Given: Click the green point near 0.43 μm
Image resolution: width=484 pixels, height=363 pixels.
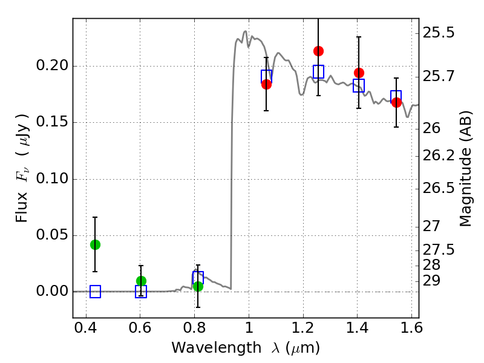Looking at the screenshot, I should point(95,244).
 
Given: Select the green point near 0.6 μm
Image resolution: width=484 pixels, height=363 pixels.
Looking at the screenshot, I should point(141,281).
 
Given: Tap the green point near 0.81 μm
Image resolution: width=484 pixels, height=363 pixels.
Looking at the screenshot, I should point(198,286).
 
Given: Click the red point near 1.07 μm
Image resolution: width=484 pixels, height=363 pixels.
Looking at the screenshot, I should point(266,84).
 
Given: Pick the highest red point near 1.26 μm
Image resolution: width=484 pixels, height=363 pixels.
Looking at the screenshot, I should point(318,51).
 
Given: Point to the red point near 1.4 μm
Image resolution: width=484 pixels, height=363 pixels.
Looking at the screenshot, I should point(359,73).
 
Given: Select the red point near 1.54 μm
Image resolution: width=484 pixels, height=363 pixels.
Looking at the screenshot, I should point(396,102).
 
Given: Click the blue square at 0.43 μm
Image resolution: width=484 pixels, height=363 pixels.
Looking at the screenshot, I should point(95,292).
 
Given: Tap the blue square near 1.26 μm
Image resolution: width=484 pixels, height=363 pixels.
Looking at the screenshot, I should point(318,71).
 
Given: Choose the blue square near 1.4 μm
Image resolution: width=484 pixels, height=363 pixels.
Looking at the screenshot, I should point(359,86).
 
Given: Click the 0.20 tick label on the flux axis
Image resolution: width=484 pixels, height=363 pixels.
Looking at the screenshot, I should point(53,66).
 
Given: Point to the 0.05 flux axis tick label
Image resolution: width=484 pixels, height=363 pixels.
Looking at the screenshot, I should point(53,235).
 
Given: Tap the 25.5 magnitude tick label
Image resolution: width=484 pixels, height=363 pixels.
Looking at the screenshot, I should point(438,32).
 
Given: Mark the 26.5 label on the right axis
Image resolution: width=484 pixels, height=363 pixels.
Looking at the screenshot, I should point(438,188).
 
